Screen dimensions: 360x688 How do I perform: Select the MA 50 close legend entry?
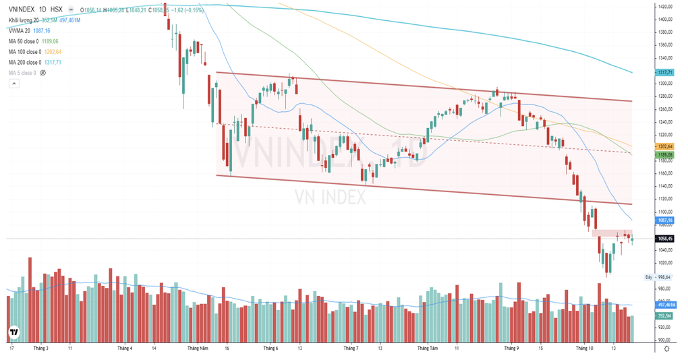click(25, 41)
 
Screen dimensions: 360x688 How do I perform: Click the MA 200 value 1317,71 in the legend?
click(53, 62)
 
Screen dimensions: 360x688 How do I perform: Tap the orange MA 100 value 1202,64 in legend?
click(53, 52)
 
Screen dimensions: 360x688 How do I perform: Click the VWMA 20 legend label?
click(20, 31)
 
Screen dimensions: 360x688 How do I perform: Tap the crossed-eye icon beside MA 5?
click(43, 73)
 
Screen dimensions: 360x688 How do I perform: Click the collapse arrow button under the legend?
click(13, 84)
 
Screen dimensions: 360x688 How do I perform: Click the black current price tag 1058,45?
click(665, 239)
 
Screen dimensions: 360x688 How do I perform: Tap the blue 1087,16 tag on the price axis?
click(665, 220)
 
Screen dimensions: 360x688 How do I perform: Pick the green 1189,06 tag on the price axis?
click(665, 154)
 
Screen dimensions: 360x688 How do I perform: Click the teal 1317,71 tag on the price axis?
click(665, 72)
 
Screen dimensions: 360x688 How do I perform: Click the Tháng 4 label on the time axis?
click(125, 349)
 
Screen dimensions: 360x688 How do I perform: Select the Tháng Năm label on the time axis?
click(197, 349)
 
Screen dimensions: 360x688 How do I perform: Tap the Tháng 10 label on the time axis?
click(585, 349)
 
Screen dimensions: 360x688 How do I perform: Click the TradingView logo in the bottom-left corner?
click(13, 332)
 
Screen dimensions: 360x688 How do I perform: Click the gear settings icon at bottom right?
click(667, 349)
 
